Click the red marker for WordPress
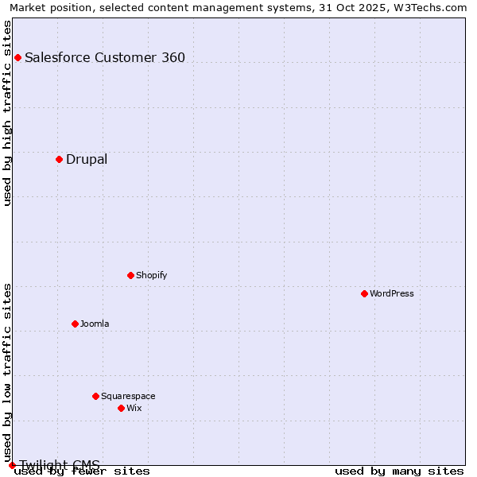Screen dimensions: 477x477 [364, 293]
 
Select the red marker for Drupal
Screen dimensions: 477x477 [59, 159]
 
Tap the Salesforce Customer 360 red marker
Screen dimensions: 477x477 [17, 57]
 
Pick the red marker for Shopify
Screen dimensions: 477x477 [130, 275]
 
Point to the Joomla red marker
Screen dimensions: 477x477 [75, 324]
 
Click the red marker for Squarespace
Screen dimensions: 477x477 [95, 396]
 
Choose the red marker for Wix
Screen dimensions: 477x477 [121, 408]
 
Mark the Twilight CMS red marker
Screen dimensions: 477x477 [12, 465]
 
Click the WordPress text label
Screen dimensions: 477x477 [392, 293]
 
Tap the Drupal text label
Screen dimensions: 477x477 [87, 159]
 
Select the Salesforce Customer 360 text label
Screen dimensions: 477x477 [105, 57]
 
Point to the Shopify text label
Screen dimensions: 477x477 [151, 275]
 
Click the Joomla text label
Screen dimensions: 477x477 [95, 324]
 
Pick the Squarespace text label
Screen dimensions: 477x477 [128, 396]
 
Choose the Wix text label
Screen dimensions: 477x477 [134, 408]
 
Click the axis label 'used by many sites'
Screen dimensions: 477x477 [399, 471]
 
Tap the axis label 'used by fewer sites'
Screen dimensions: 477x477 [82, 471]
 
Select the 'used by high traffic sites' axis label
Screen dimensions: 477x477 [8, 113]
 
